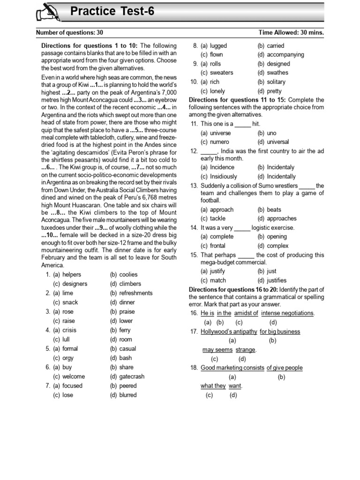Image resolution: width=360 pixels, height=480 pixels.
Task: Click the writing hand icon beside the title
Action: [48, 12]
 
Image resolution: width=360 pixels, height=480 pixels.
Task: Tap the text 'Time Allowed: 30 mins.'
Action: [291, 33]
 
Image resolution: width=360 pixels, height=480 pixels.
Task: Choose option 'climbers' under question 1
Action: [130, 284]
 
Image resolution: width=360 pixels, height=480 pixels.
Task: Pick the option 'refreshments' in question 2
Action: [135, 293]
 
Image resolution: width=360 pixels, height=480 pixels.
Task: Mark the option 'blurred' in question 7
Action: [128, 395]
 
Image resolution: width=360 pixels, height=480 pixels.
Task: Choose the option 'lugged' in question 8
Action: [218, 46]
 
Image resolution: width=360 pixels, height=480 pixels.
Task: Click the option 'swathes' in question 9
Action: [277, 73]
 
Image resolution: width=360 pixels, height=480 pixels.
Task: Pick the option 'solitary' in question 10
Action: [276, 82]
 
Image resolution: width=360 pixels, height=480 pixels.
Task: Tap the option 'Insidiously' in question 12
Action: [224, 177]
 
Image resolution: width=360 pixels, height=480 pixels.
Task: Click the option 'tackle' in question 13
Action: [217, 218]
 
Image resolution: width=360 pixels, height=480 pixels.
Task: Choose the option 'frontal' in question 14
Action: [217, 246]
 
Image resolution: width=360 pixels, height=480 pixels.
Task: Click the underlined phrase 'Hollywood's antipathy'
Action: [229, 332]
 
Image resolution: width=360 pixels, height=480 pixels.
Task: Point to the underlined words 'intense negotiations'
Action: [287, 313]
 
